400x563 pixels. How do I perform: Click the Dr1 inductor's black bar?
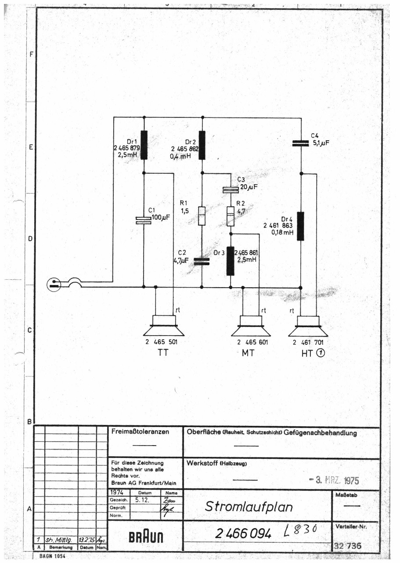point(144,145)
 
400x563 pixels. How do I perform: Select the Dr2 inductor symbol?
point(202,145)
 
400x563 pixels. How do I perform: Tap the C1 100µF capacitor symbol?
point(144,220)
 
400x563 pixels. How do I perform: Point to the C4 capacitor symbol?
point(301,143)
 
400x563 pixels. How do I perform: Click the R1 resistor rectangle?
point(202,216)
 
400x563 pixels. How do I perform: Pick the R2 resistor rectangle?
point(231,216)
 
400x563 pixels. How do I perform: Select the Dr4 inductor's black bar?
point(300,226)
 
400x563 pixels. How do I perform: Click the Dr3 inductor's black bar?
point(231,261)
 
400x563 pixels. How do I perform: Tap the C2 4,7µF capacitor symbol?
point(202,262)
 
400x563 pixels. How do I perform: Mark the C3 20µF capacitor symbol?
point(231,190)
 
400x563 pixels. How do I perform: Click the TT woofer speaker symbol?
point(164,326)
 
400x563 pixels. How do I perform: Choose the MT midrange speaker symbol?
point(251,326)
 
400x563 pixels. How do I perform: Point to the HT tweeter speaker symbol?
point(308,326)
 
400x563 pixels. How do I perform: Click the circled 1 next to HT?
point(321,352)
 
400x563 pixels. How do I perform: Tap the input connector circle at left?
point(54,285)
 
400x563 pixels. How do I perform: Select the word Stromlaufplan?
point(249,506)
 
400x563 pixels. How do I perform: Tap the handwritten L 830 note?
point(301,531)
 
